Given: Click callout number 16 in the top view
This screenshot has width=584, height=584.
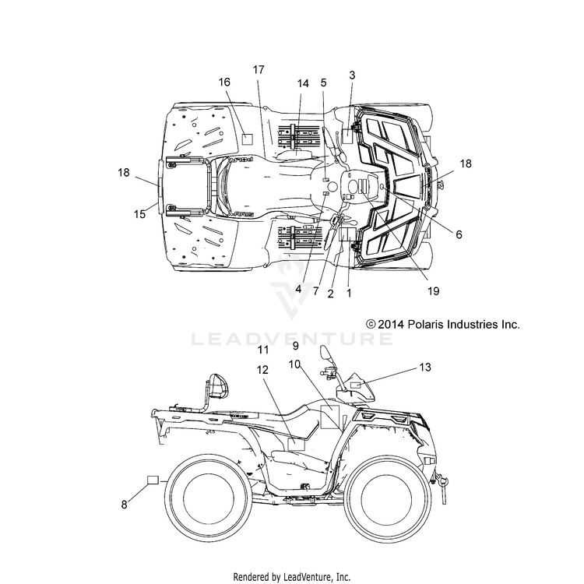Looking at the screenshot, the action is coord(224,82).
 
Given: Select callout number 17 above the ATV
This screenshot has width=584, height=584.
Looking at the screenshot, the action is coord(259,69).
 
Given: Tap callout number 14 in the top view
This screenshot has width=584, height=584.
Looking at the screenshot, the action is coord(303,83).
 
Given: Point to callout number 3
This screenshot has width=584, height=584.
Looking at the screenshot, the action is coord(352,76).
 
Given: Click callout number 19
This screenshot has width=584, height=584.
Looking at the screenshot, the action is coord(434,291).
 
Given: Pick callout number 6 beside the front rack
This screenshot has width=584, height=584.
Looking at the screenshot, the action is coord(459,234).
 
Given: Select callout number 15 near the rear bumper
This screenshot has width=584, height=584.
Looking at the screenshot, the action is coord(139,214).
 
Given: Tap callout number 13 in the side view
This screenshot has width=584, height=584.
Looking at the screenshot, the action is coord(425,368).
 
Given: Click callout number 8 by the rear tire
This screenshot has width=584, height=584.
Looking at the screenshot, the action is coord(124,505).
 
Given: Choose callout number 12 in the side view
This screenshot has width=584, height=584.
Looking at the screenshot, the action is coord(262,370).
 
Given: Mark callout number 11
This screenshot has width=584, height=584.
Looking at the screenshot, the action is coord(263,350).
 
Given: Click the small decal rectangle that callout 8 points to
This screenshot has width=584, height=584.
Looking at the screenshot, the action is coord(153,480).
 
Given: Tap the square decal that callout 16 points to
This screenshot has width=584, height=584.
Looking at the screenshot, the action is coord(247,139).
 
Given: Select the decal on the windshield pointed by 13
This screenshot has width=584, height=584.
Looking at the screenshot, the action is coord(357,385).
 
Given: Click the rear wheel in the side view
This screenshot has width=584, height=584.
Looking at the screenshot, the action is coord(206,498).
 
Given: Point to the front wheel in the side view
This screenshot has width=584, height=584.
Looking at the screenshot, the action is coord(389,498).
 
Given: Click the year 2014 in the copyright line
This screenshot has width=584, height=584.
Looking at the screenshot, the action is coord(391,325).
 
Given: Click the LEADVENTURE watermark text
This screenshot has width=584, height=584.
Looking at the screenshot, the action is coord(292,339).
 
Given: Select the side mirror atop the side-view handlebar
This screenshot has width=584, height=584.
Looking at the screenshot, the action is coord(325,354).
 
